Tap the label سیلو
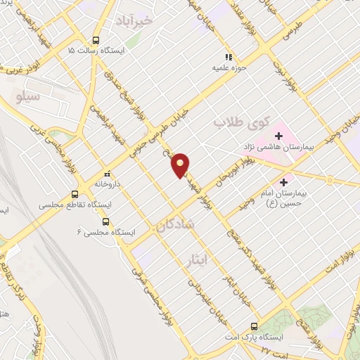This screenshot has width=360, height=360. click(27, 96)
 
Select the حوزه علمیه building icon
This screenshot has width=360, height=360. click(227, 57)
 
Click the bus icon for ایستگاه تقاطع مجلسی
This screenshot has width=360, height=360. click(75, 195)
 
